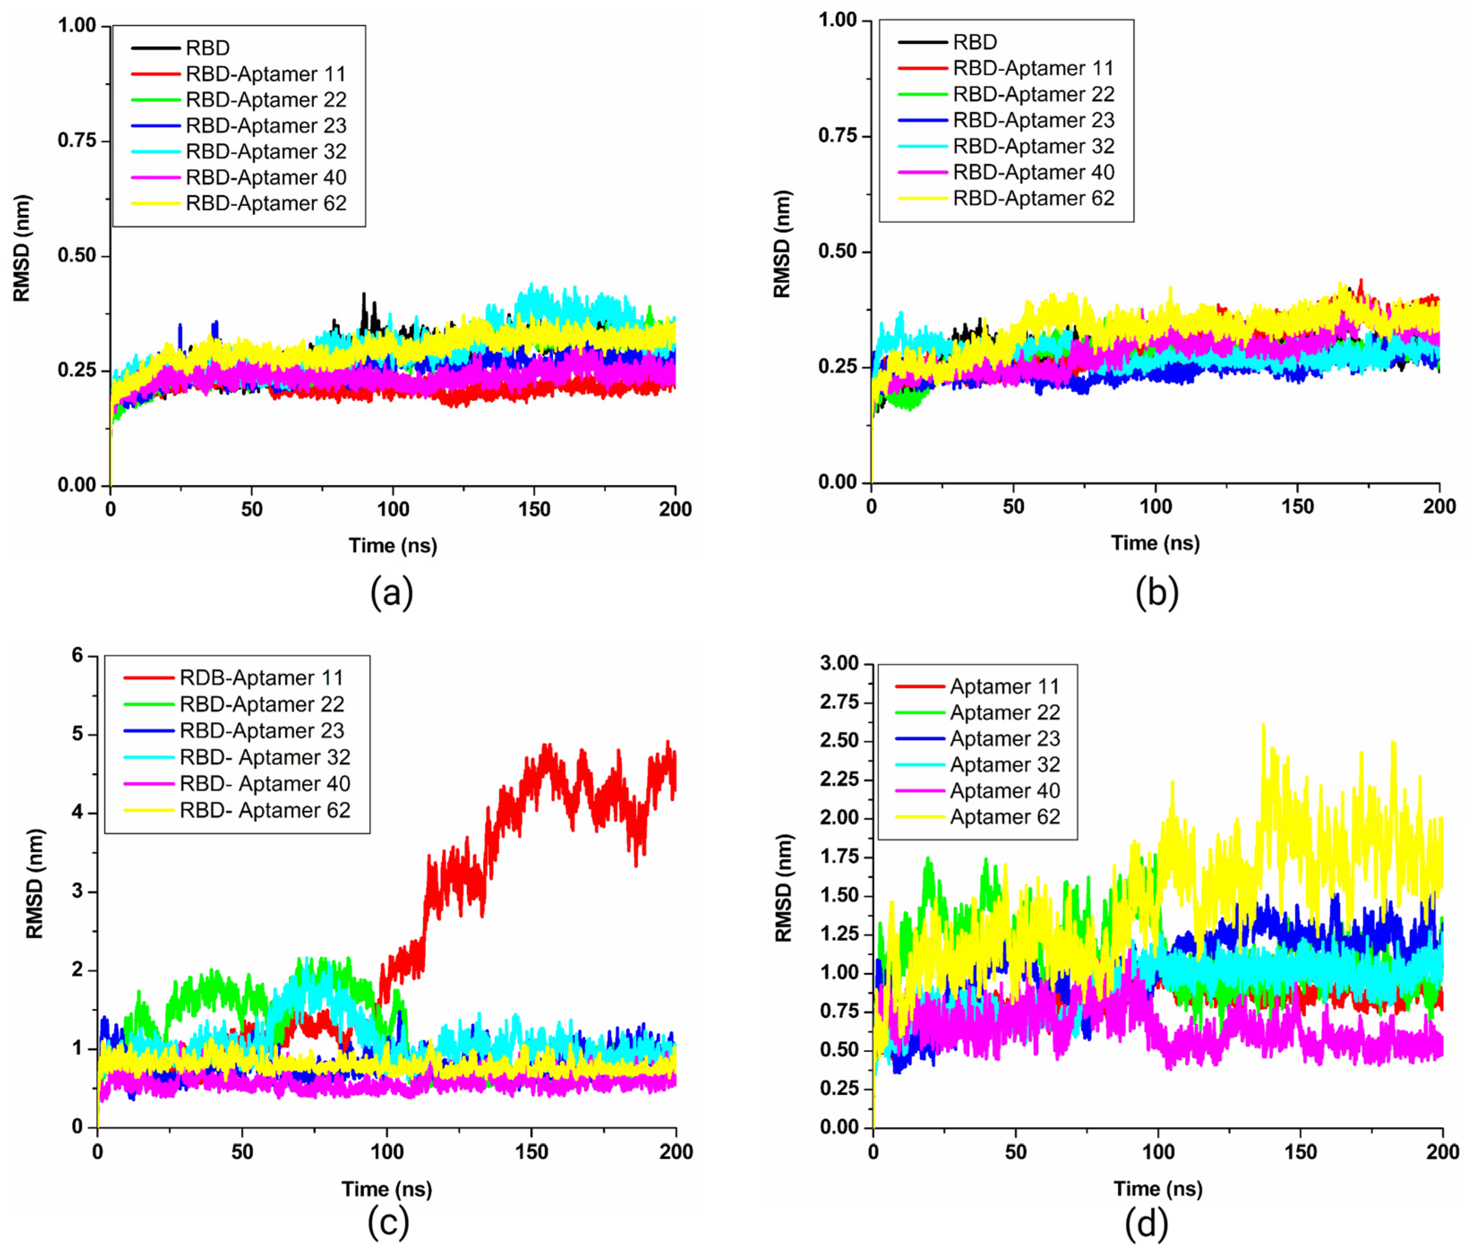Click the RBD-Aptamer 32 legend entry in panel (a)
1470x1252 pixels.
pyautogui.click(x=265, y=152)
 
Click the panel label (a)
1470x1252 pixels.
pyautogui.click(x=392, y=593)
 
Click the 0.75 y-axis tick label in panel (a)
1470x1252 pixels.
pyautogui.click(x=77, y=141)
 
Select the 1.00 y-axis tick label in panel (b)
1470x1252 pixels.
pyautogui.click(x=838, y=20)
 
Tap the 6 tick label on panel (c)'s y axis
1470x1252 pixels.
pyautogui.click(x=77, y=655)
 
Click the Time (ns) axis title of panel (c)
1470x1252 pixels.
pyautogui.click(x=387, y=1189)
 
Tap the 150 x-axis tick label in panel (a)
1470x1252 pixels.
pyautogui.click(x=534, y=509)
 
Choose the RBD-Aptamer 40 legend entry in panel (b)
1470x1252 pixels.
pyautogui.click(x=1033, y=172)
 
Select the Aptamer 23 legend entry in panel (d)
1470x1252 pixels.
pyautogui.click(x=1004, y=739)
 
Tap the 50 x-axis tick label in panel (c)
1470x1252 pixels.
pyautogui.click(x=242, y=1151)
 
